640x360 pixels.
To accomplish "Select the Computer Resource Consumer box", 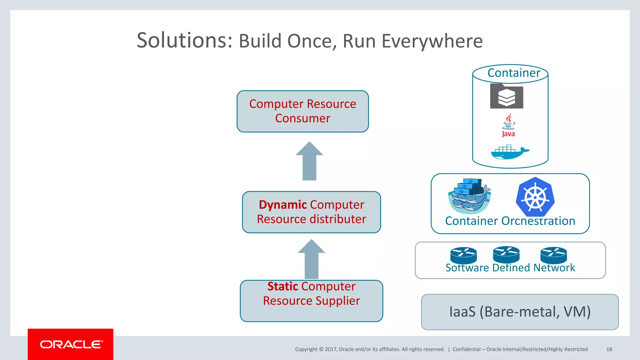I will (302, 111).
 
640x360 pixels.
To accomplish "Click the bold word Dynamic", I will (282, 205).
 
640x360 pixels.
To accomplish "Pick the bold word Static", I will (283, 286).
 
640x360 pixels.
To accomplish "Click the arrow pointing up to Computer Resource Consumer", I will (309, 161).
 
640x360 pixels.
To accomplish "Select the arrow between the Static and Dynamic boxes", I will (311, 259).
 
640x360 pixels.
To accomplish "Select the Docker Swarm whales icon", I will (469, 196).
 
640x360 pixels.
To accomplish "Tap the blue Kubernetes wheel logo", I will (535, 197).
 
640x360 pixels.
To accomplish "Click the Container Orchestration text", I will (510, 221).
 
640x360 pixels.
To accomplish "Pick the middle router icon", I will (506, 254).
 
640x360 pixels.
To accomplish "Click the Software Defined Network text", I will (510, 268).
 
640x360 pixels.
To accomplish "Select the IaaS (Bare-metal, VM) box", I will (520, 312).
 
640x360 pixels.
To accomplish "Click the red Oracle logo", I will (71, 344).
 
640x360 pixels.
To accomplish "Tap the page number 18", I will (609, 349).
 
